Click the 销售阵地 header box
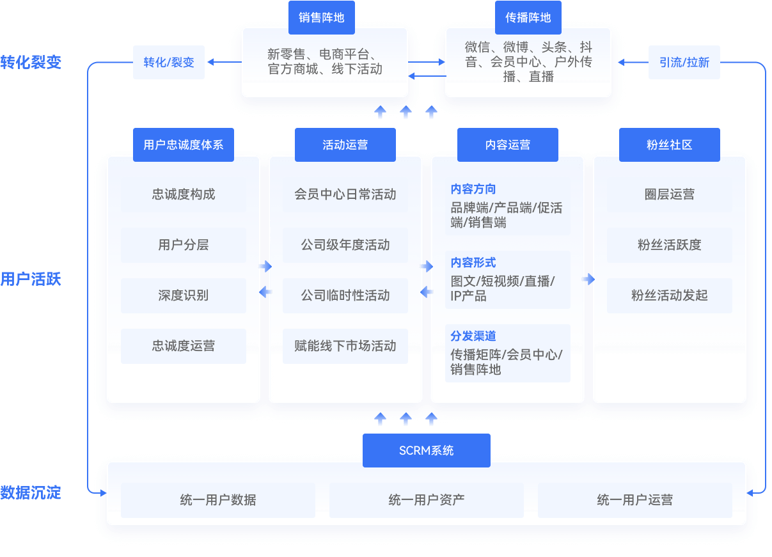pos(321,17)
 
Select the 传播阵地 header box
pos(528,17)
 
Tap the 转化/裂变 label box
pos(169,63)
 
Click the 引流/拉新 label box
pos(684,63)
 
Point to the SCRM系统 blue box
pos(427,450)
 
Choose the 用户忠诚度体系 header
pos(184,145)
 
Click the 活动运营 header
pos(345,145)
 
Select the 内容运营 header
pos(508,145)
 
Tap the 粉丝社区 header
pos(670,145)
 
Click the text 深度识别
pos(184,295)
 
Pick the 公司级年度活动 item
pos(345,245)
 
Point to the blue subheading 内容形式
pos(473,263)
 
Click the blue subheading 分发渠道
pos(473,336)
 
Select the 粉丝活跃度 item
pos(670,245)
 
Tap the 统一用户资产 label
pos(427,500)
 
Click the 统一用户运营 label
pos(635,500)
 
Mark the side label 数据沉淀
pos(31,492)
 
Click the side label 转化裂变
pos(31,62)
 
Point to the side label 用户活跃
pos(31,279)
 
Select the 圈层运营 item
pos(670,194)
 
